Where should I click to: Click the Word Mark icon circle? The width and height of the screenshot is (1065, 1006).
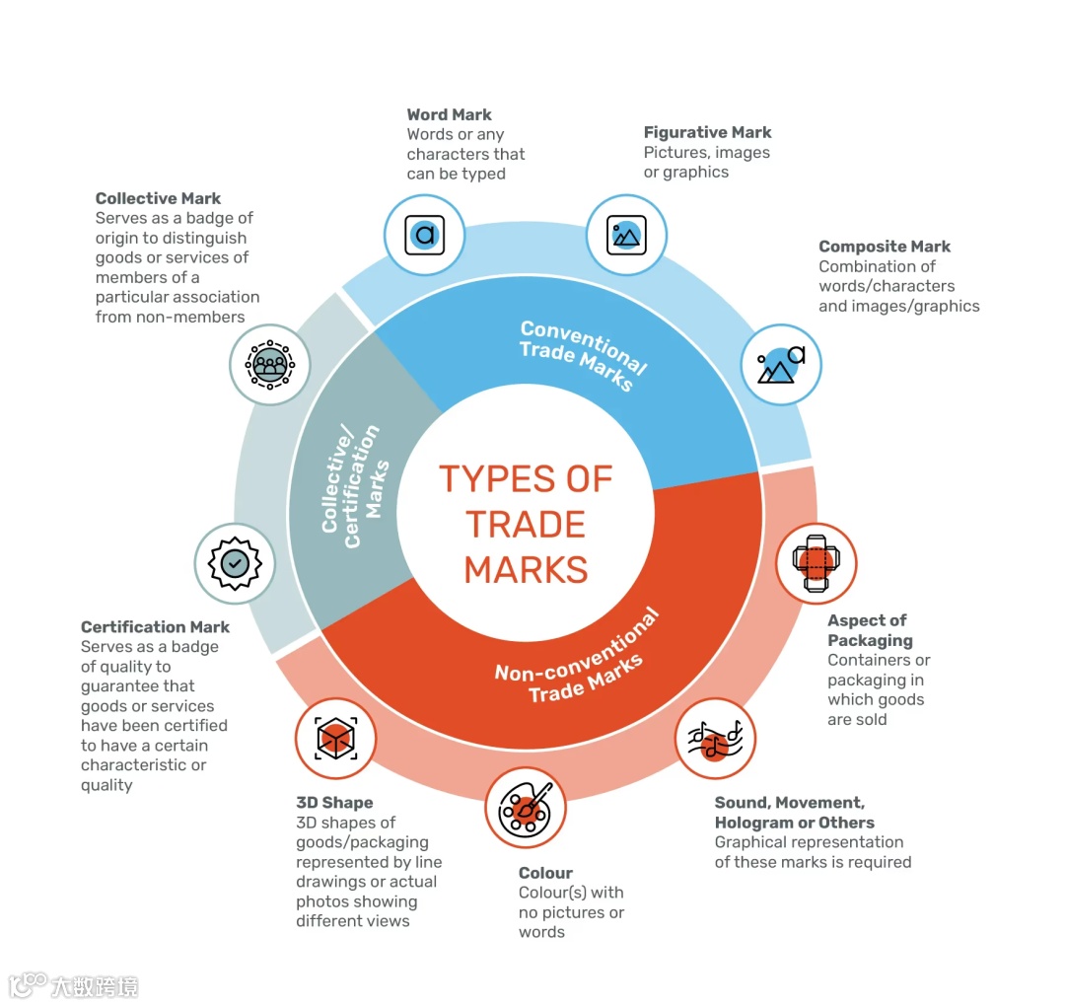point(424,235)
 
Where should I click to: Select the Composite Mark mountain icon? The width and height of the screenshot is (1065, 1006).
point(780,365)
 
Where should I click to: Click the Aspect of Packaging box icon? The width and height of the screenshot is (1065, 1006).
point(816,563)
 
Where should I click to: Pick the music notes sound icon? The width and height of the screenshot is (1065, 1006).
point(715,739)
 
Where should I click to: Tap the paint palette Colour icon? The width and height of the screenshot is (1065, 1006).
point(525,807)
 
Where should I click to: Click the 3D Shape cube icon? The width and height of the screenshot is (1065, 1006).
point(335,739)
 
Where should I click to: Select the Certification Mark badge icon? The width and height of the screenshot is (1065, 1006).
point(235,563)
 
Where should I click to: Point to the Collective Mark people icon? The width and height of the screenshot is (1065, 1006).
point(269,364)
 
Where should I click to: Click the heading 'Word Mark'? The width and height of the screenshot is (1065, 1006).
point(449,114)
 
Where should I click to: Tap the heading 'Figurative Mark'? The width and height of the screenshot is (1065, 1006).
point(707,132)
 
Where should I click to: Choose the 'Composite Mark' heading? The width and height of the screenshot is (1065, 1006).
point(885,247)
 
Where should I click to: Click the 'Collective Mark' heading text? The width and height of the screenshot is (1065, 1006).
point(158,198)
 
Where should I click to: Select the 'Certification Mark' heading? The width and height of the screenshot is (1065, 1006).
point(155,627)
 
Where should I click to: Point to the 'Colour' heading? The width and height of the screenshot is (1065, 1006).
point(545,873)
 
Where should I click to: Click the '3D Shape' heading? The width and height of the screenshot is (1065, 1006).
point(334,803)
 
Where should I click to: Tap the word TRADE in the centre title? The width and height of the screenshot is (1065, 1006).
point(526,524)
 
